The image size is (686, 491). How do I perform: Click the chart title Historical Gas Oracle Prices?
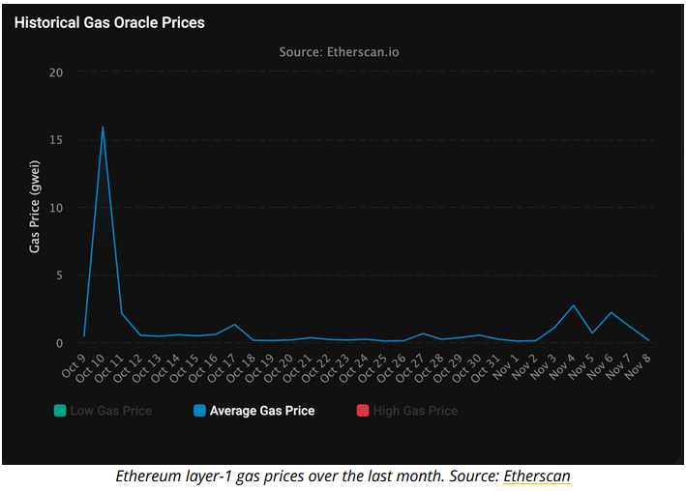[x=109, y=21]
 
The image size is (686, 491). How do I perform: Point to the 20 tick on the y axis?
[x=56, y=72]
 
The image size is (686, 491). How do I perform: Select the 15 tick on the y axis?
[x=56, y=140]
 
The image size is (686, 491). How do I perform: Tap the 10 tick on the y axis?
[x=56, y=208]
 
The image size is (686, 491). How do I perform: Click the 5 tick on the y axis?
[x=59, y=275]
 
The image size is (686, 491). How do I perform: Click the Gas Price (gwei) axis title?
[x=35, y=208]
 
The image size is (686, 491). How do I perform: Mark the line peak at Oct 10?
[x=103, y=128]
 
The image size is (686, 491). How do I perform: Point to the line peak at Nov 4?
[x=574, y=305]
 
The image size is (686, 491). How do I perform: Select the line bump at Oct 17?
[x=234, y=325]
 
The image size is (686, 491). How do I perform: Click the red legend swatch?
[x=363, y=411]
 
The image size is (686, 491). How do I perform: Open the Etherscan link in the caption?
[x=536, y=477]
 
